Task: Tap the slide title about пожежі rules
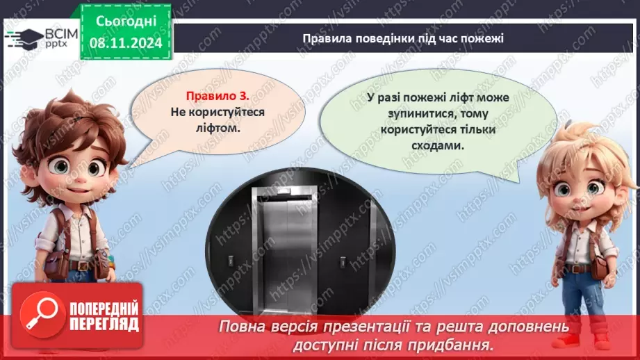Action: coord(402,38)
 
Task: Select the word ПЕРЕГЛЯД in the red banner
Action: coord(104,323)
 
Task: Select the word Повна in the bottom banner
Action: coord(240,326)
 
